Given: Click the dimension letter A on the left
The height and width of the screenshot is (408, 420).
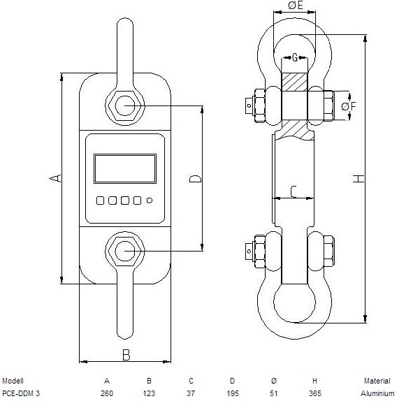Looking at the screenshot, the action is click(x=55, y=178).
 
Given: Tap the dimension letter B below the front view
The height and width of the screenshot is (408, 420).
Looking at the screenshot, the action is click(x=126, y=355).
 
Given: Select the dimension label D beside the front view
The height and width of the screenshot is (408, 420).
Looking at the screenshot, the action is click(x=195, y=179).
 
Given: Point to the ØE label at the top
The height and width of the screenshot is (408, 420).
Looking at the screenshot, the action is click(x=296, y=6).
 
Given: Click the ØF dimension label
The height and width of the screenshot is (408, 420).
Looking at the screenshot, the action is click(x=349, y=106).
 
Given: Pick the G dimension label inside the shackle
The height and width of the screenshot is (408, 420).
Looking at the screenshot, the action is click(x=295, y=57).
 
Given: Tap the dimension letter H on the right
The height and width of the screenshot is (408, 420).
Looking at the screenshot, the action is click(x=359, y=178).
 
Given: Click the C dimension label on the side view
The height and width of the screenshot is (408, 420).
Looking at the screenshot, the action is click(x=294, y=191).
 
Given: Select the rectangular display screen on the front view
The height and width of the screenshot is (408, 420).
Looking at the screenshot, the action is click(x=125, y=168).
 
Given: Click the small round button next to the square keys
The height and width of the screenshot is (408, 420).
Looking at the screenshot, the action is click(x=150, y=201).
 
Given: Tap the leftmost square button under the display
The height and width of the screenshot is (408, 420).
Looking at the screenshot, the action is click(x=100, y=201).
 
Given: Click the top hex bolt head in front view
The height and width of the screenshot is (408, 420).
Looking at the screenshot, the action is click(x=125, y=105).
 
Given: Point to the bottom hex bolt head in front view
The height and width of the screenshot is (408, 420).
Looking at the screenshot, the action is click(x=125, y=251).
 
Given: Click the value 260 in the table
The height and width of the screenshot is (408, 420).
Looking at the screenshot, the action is click(x=107, y=393).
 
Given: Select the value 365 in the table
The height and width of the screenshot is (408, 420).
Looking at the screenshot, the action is click(x=315, y=393).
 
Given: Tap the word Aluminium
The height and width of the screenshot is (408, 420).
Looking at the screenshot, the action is click(x=377, y=393).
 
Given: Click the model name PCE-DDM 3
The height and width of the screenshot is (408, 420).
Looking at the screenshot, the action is click(x=21, y=393).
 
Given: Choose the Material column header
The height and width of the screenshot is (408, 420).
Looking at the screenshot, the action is click(x=377, y=381).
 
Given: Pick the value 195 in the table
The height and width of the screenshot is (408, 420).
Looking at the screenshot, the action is click(x=232, y=393).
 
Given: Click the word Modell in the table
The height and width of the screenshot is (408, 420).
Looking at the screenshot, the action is click(x=13, y=381).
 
